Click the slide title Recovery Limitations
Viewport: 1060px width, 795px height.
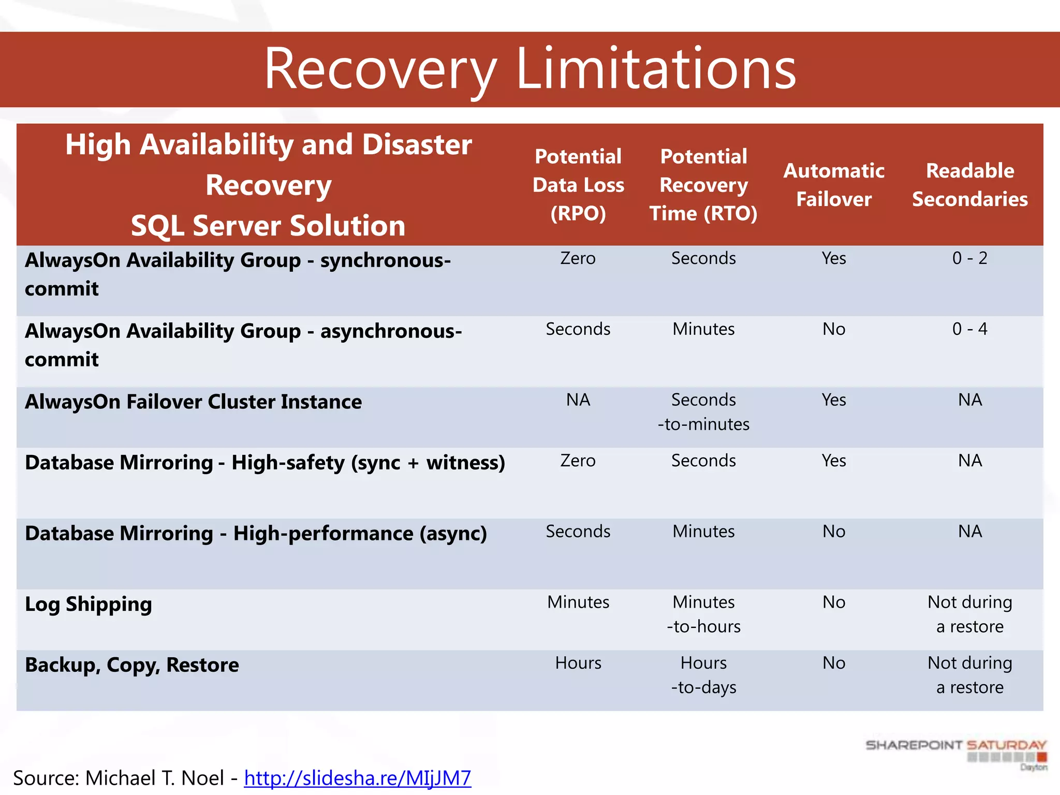pos(529,69)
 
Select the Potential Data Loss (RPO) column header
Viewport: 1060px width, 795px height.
pos(578,185)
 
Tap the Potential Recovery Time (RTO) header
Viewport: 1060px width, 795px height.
pos(703,185)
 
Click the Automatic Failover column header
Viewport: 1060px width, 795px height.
pos(834,185)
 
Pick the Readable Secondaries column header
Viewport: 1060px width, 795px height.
pos(969,185)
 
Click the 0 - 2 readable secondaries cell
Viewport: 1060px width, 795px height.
pos(969,258)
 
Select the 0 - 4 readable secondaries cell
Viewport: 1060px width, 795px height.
pos(969,329)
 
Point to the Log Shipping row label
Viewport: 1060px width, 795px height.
pos(89,605)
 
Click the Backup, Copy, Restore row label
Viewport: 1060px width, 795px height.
pos(132,665)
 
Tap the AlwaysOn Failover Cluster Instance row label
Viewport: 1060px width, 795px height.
pos(193,402)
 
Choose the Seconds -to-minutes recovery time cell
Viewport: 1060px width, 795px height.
pos(703,412)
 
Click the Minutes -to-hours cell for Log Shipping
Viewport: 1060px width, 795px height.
pos(703,614)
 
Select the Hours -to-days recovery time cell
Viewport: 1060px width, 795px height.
pos(703,675)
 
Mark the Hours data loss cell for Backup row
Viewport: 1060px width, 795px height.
pos(578,663)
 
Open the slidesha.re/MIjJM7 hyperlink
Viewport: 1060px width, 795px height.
pos(357,778)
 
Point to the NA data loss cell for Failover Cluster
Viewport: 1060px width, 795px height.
pos(578,400)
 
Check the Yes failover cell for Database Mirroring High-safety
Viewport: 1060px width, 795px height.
pos(834,461)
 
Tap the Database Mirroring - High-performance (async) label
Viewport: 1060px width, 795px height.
pos(256,534)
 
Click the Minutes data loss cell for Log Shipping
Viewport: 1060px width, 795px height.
pos(578,602)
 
